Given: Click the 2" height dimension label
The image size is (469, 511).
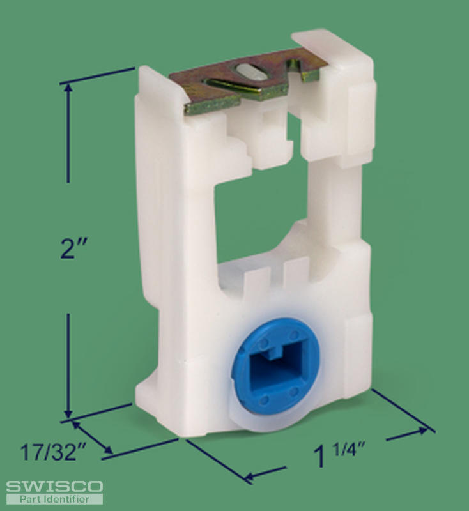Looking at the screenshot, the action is pos(74,248).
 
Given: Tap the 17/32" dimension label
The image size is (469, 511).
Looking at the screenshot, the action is pos(53,452).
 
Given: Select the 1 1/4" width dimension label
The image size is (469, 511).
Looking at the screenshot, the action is pos(339,455).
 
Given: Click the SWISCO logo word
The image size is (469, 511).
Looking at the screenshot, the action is pos(54,487).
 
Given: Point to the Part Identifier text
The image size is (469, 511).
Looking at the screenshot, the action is pos(54,499).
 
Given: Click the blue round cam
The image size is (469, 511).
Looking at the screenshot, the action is pos(275,364).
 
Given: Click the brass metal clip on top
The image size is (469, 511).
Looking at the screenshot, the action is pos(248,82).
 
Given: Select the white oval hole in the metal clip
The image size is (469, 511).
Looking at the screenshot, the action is pos(252,72).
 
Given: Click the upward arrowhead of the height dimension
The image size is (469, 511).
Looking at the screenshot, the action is pos(68,88).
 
